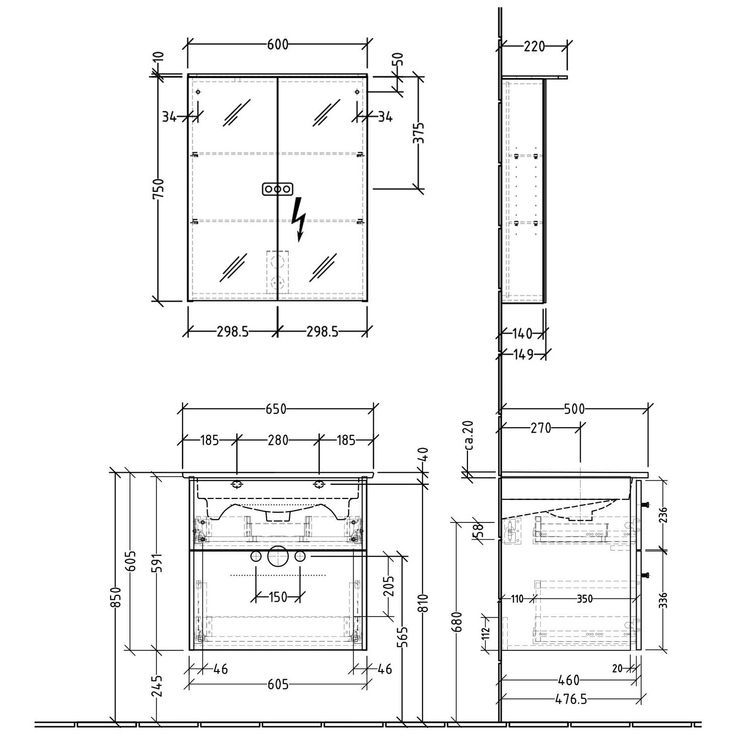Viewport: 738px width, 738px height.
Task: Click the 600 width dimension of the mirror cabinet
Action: point(277,45)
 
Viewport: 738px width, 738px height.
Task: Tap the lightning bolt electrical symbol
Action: point(298,219)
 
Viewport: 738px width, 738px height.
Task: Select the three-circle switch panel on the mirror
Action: point(278,189)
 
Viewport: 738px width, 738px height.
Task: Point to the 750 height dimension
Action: point(158,188)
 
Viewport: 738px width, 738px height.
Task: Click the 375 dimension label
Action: point(419,132)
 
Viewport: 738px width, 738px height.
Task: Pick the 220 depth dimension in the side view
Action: point(534,46)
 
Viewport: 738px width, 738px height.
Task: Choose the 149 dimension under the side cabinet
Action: point(523,354)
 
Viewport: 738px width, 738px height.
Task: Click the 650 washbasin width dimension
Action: point(276,409)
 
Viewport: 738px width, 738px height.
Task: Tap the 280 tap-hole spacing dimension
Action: point(278,440)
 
